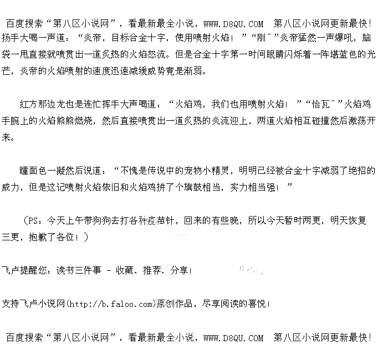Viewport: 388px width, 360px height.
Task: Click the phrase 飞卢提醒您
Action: point(25,270)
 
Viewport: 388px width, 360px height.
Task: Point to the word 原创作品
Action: point(176,304)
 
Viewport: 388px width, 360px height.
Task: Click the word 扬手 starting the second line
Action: point(12,39)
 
